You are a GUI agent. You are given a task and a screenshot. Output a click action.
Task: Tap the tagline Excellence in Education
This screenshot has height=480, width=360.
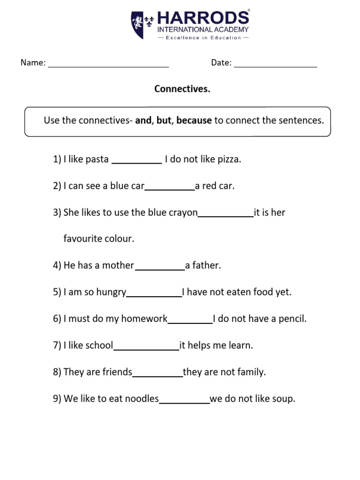pyautogui.click(x=203, y=37)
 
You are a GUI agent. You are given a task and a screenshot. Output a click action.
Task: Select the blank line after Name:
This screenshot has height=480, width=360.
pyautogui.click(x=108, y=66)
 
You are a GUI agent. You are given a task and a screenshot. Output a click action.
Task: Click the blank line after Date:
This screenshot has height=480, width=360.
pyautogui.click(x=276, y=66)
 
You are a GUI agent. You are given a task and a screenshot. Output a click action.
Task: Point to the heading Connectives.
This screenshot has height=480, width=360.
pyautogui.click(x=182, y=89)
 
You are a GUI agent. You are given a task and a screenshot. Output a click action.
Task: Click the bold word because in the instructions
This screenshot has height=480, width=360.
pyautogui.click(x=194, y=120)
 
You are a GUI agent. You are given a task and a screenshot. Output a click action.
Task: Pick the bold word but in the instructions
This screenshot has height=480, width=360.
pyautogui.click(x=164, y=120)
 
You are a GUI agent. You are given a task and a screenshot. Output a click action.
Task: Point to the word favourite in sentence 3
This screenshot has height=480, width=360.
pyautogui.click(x=82, y=239)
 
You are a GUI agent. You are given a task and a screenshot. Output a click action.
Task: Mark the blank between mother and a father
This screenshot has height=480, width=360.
pyautogui.click(x=160, y=268)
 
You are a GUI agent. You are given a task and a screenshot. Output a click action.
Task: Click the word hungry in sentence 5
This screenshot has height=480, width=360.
pyautogui.click(x=111, y=292)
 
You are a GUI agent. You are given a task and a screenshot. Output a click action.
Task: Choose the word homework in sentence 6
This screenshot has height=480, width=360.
pyautogui.click(x=144, y=319)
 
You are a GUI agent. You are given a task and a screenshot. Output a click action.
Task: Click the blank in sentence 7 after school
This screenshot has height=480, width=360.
pyautogui.click(x=146, y=348)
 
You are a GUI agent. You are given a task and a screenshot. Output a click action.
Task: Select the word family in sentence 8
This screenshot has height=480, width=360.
pyautogui.click(x=252, y=373)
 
